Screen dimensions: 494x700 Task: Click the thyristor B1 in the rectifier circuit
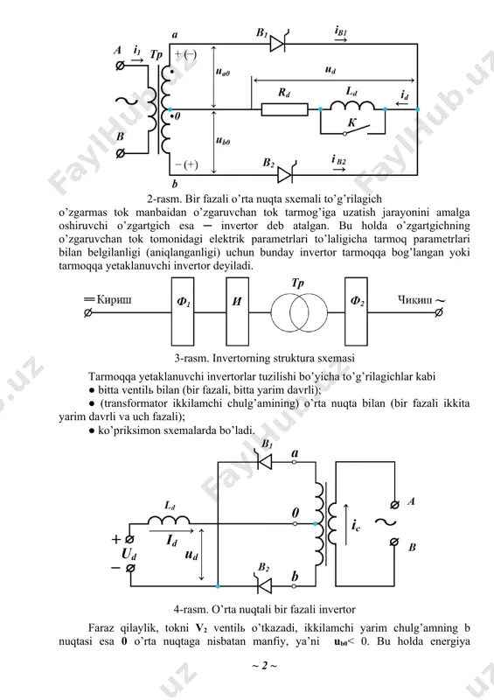278,42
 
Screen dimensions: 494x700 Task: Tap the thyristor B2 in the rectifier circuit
286,173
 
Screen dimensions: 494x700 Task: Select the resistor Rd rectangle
284,108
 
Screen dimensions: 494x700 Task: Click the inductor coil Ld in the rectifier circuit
352,105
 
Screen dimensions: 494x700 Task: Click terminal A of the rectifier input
120,66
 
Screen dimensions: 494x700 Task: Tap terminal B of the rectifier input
120,154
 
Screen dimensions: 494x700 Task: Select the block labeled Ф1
183,311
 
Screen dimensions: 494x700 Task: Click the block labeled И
238,311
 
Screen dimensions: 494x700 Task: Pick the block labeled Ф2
356,311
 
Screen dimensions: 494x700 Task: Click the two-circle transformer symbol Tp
299,312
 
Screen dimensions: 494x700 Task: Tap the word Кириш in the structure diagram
114,299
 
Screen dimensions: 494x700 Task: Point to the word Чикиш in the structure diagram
414,299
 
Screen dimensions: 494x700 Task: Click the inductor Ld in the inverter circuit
169,520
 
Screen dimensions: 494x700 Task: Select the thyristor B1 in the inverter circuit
264,461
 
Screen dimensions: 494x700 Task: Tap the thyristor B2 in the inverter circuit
264,585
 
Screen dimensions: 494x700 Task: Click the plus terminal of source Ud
130,540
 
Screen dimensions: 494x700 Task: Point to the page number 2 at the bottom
265,666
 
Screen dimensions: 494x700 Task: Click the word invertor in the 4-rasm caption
337,609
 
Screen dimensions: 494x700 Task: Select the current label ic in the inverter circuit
355,526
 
